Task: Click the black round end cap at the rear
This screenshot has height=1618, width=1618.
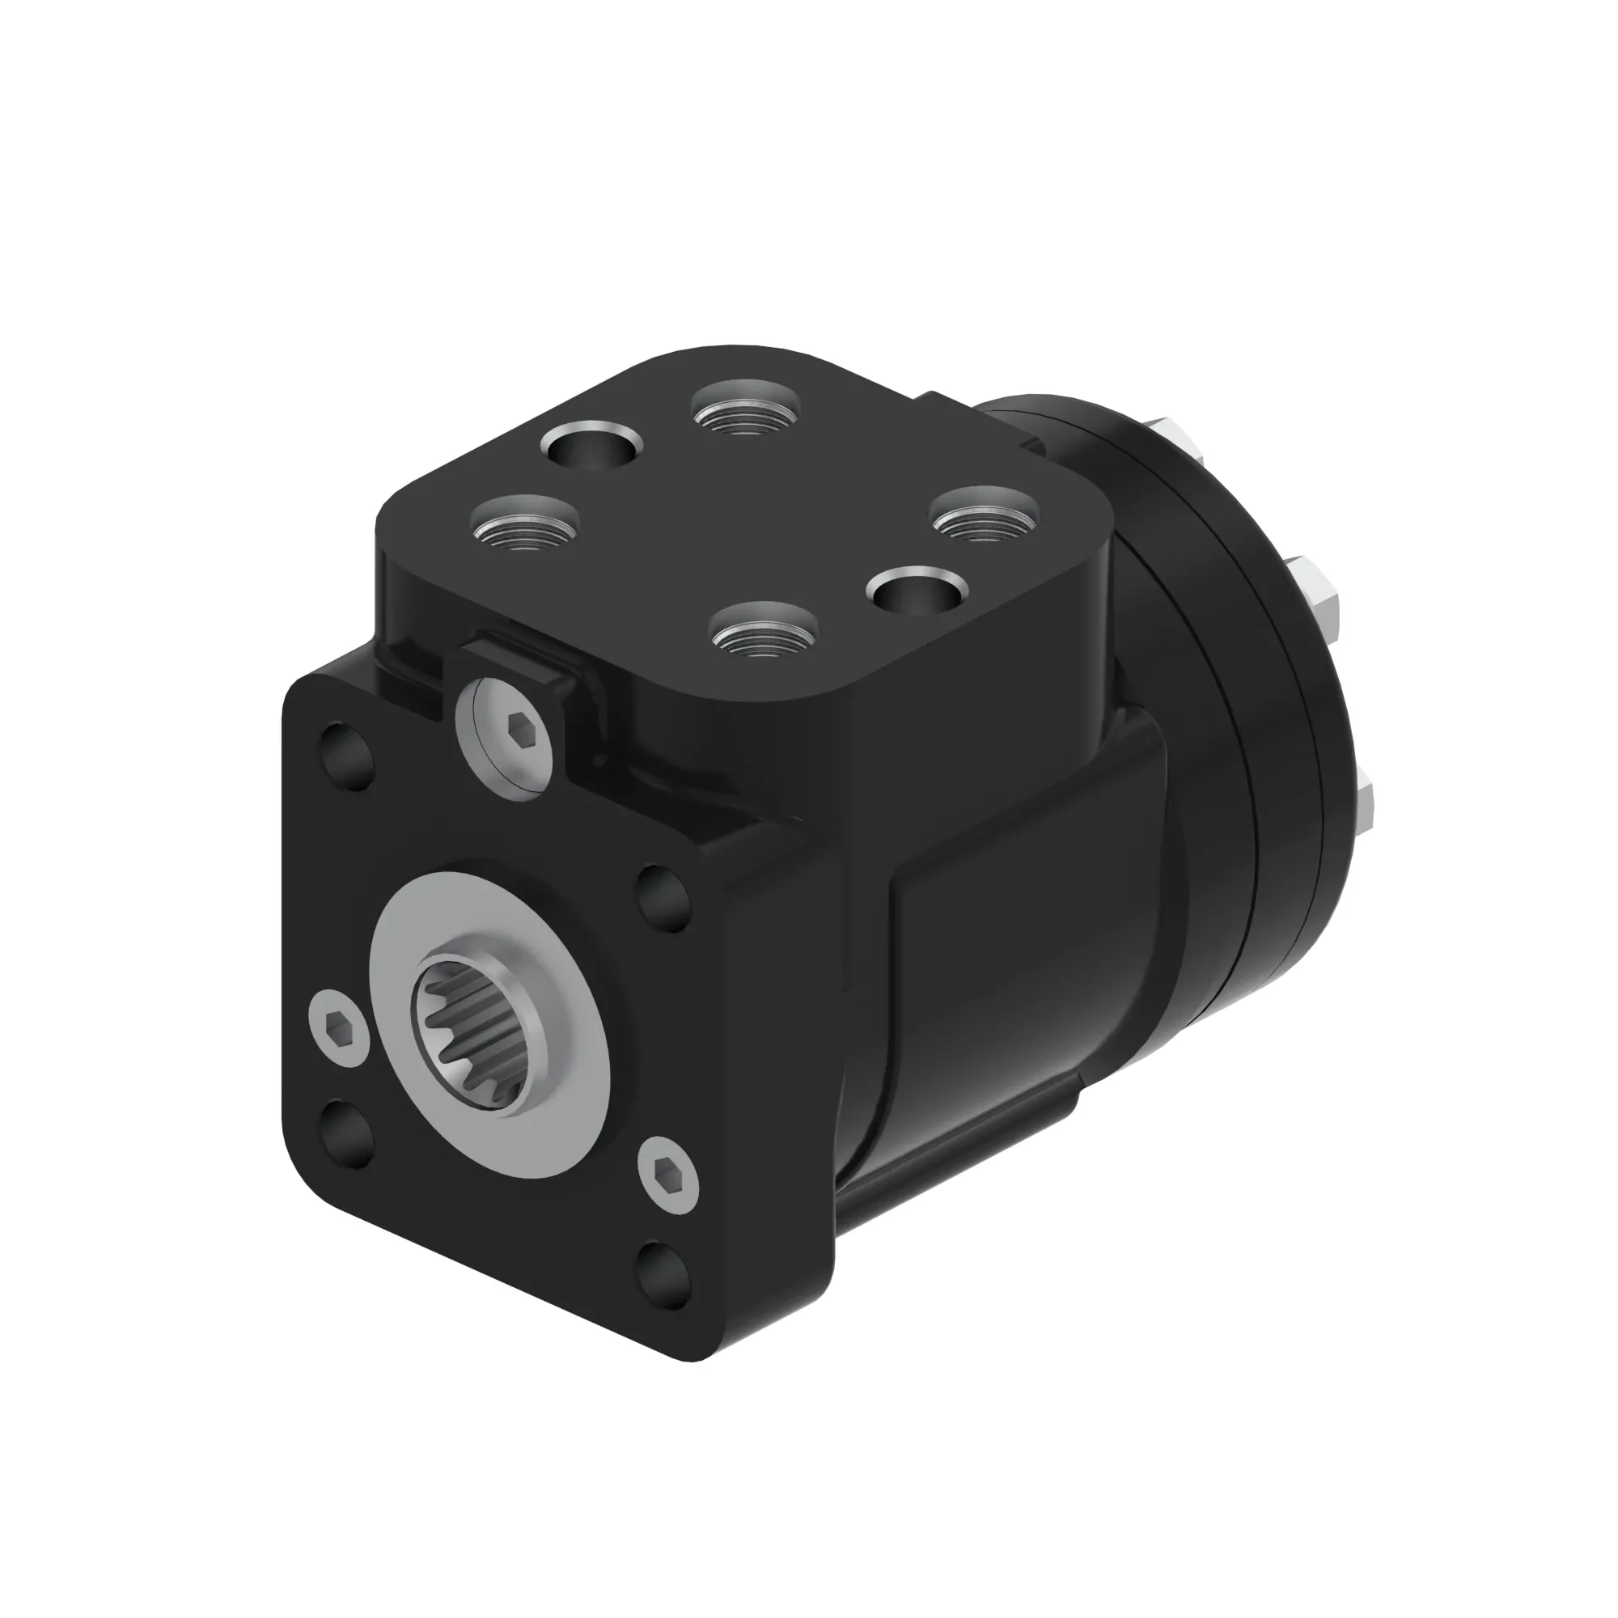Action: pos(1239,670)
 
